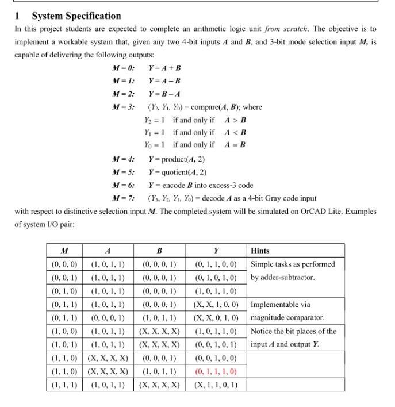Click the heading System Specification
(76, 16)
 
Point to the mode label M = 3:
(124, 107)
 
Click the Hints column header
(260, 251)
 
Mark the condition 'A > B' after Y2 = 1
(235, 120)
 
